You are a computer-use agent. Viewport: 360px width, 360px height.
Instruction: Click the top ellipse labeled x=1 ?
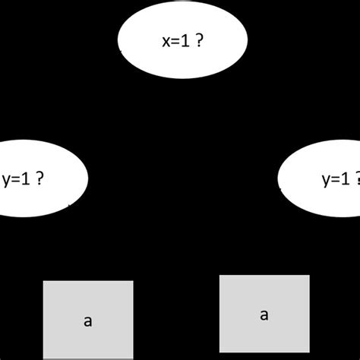tap(182, 42)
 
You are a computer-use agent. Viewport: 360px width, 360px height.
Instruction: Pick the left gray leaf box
tap(88, 320)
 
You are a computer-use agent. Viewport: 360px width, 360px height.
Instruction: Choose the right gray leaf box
tap(264, 313)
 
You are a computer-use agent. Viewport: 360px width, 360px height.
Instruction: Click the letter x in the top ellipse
tap(165, 43)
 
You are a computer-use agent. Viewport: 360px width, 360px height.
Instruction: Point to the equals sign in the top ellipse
tap(175, 43)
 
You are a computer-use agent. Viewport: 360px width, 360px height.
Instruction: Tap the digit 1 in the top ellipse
tap(186, 42)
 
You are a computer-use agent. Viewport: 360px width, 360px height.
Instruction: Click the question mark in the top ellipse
tap(199, 42)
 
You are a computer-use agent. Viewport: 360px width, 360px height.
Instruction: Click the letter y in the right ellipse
tap(326, 182)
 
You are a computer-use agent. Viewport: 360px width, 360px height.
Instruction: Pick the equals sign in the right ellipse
tap(336, 180)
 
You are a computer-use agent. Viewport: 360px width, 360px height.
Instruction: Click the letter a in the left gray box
tap(88, 321)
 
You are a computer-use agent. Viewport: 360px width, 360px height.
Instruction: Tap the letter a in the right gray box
tap(264, 315)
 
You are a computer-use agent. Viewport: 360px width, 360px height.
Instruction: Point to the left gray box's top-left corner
tap(44, 282)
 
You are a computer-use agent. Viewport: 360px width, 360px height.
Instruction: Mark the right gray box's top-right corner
tap(309, 276)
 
